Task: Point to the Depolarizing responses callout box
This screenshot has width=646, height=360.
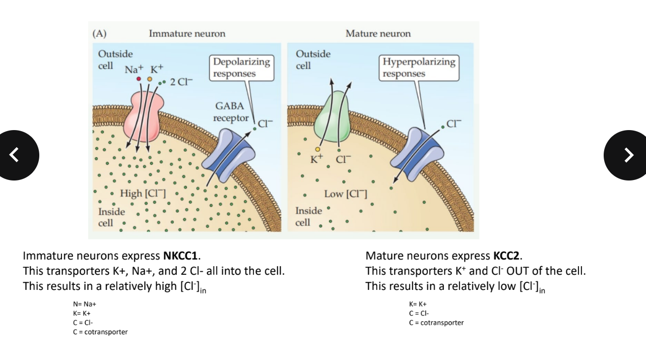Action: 241,68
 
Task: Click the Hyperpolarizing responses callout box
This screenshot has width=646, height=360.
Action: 419,68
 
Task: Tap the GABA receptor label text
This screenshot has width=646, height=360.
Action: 230,112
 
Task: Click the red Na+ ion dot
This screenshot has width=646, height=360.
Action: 139,79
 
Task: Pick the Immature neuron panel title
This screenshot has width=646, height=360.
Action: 187,34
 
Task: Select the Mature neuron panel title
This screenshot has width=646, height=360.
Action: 378,34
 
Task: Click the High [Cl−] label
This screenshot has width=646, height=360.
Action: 143,193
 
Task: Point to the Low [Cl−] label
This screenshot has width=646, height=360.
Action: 346,194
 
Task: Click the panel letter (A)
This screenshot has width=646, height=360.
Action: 99,34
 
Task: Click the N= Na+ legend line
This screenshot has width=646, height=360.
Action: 85,305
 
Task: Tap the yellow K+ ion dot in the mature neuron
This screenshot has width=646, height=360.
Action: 317,149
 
